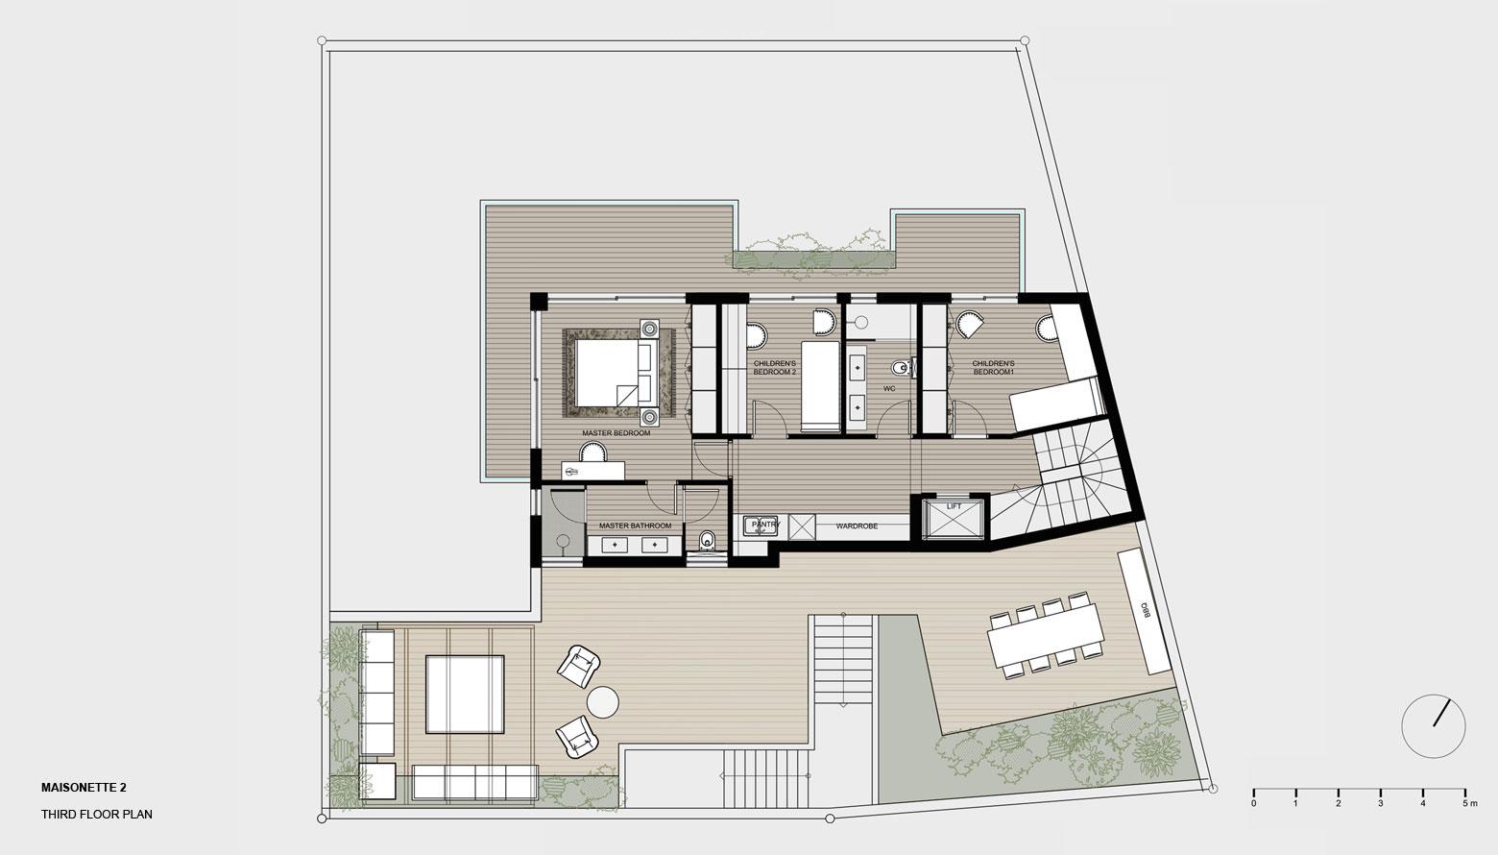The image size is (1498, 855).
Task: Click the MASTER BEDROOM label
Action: point(616,433)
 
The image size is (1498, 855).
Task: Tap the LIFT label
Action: point(954,506)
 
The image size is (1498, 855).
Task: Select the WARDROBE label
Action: point(857,526)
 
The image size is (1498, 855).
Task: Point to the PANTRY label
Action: point(765,525)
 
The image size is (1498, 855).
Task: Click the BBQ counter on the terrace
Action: point(1147,611)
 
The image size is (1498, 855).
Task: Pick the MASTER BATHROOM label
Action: point(635,525)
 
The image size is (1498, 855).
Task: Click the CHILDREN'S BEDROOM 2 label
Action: point(774,368)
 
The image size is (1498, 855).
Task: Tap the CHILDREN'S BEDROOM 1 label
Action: point(993,368)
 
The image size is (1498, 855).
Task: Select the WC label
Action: point(889,389)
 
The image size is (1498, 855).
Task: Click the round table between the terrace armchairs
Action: point(603,702)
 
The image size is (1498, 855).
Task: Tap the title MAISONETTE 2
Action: point(84,788)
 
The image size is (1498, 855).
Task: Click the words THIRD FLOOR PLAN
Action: point(96,815)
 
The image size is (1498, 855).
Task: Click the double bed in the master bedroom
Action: point(614,374)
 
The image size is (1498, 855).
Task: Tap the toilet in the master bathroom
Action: point(707,540)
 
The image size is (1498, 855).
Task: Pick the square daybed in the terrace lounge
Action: point(465,695)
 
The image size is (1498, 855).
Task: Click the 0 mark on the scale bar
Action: point(1253,803)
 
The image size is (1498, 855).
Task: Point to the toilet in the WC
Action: point(902,367)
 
